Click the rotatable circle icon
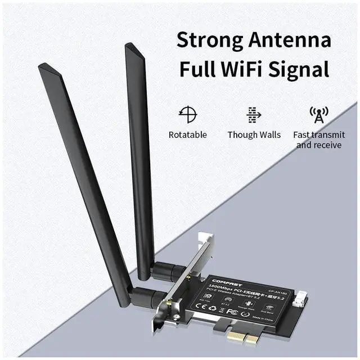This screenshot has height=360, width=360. coord(188,114)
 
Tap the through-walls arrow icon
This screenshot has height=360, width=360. coord(254,114)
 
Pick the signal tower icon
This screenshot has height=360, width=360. coord(319,114)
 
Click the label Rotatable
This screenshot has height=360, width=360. coord(188,135)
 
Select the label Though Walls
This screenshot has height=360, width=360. coord(254,135)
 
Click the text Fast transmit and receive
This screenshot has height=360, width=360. coord(318,140)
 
